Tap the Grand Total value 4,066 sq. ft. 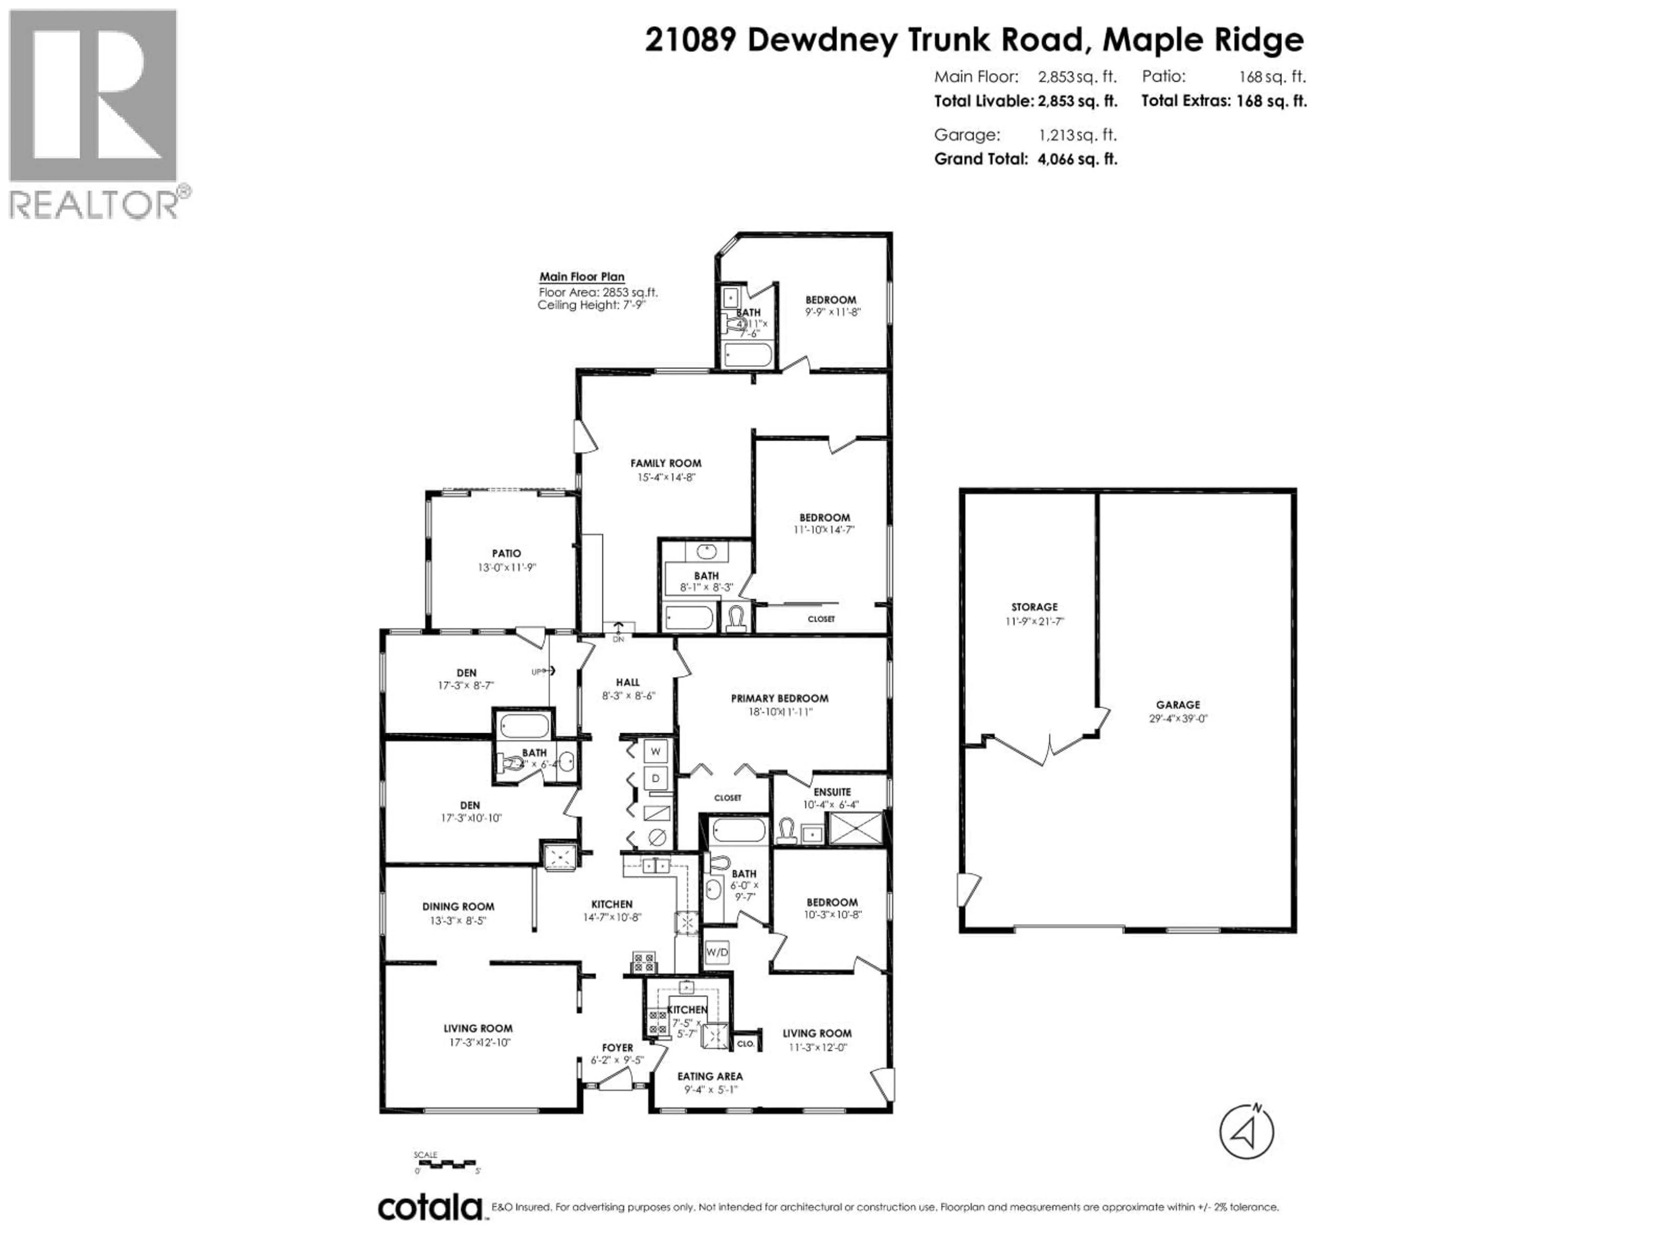pos(1077,159)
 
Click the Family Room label pos(666,463)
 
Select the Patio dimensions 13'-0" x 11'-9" pos(506,567)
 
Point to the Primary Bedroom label pos(779,698)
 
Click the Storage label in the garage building pos(1034,607)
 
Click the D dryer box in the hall pos(656,778)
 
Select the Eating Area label pos(710,1076)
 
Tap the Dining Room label pos(458,906)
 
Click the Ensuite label pos(832,792)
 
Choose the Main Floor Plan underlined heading pos(581,277)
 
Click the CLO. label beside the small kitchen pos(745,1043)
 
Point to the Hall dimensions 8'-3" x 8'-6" pos(628,695)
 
